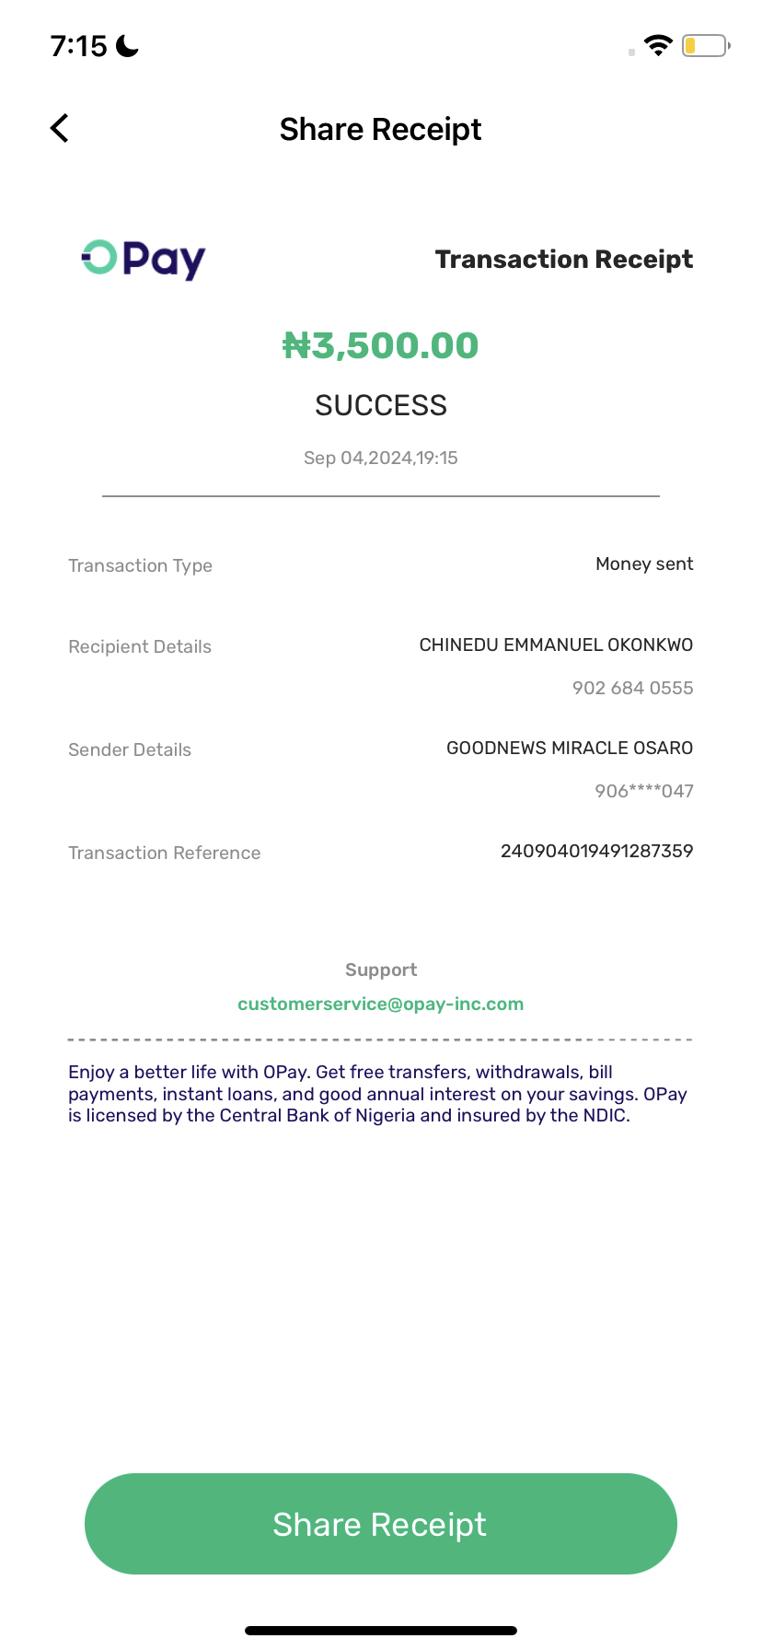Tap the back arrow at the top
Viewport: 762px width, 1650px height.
click(60, 129)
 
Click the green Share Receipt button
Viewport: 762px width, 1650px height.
click(380, 1524)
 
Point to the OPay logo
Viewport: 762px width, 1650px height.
click(144, 259)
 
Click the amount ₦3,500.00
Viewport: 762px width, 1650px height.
click(380, 346)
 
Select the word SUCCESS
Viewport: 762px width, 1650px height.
click(380, 405)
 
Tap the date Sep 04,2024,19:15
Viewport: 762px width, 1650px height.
click(380, 458)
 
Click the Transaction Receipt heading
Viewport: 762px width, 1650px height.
click(563, 260)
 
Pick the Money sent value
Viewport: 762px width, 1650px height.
click(644, 564)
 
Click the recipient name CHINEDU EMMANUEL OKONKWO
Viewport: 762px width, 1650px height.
click(556, 645)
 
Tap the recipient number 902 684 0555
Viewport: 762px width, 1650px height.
click(632, 688)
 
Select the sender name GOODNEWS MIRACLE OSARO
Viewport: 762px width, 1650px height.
click(570, 749)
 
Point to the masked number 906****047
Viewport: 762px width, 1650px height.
click(643, 791)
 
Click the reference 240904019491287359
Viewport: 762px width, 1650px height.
click(596, 852)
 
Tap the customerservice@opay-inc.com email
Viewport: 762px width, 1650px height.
click(380, 1004)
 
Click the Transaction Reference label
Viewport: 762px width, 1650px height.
click(164, 853)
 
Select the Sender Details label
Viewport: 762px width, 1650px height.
click(130, 749)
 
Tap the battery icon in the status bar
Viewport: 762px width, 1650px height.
click(705, 45)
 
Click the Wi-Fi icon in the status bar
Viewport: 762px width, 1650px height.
click(658, 45)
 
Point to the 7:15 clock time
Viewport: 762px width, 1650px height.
click(79, 46)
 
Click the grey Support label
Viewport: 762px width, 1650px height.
click(380, 970)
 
